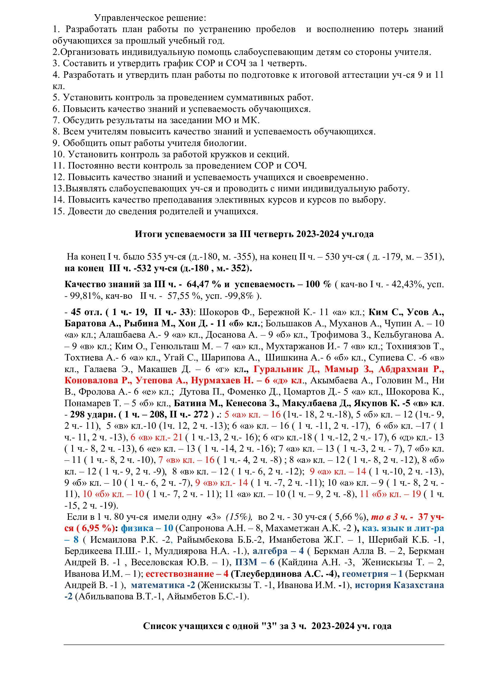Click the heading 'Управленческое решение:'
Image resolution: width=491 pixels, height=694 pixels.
coord(150,18)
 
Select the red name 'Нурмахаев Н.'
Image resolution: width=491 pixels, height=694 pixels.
coord(222,381)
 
